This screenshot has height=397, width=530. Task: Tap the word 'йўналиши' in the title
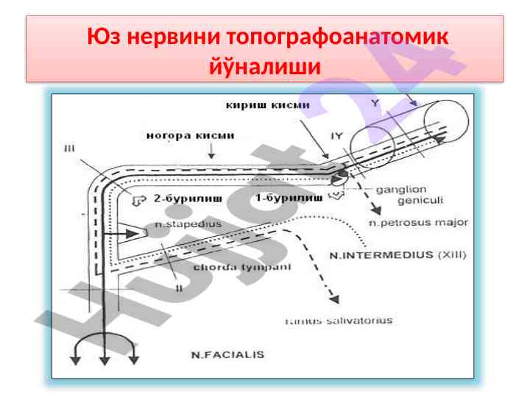[264, 67]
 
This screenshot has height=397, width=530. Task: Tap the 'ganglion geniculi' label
[409, 194]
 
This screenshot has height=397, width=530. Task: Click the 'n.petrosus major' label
[417, 222]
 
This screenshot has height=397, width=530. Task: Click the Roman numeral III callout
[69, 149]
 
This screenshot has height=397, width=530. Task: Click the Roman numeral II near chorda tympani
[179, 289]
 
